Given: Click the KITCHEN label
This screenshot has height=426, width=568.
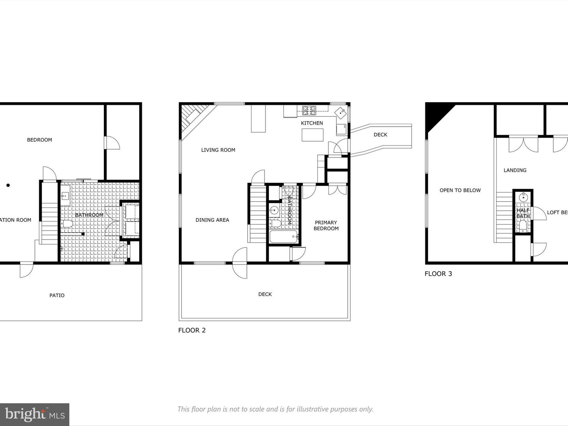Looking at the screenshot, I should [x=312, y=123].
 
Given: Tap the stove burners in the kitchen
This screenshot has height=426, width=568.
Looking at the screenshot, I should [x=309, y=111].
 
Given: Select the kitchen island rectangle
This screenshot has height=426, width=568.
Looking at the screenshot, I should [x=313, y=135].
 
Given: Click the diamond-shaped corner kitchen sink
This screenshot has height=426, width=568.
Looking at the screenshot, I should [x=340, y=113].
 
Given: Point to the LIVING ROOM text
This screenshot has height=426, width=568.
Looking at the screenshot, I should [x=218, y=150].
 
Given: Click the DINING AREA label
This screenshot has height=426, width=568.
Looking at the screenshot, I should [x=212, y=220].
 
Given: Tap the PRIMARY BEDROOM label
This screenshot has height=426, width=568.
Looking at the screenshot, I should [x=326, y=225].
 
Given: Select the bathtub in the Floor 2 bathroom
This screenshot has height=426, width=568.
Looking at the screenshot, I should [x=283, y=237].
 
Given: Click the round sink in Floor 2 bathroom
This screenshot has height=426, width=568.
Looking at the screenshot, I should [x=274, y=211].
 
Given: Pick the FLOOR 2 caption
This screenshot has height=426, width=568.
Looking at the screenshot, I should [x=192, y=330].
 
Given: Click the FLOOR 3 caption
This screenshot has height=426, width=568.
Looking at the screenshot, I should [x=438, y=274].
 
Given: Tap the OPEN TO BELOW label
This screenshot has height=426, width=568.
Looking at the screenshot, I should [x=460, y=190].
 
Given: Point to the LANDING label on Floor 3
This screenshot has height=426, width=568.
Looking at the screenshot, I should [x=515, y=170].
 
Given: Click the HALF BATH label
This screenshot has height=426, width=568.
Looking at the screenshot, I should [x=523, y=213].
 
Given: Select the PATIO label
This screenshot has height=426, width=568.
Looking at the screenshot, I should [x=57, y=295].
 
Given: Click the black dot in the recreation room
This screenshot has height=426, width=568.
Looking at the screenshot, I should [x=8, y=185].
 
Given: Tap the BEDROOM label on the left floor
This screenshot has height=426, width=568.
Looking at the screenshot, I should [x=39, y=140].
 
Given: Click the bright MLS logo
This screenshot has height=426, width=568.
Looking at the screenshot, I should [x=34, y=414].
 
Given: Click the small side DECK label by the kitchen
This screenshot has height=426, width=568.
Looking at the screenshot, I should [x=380, y=135].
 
